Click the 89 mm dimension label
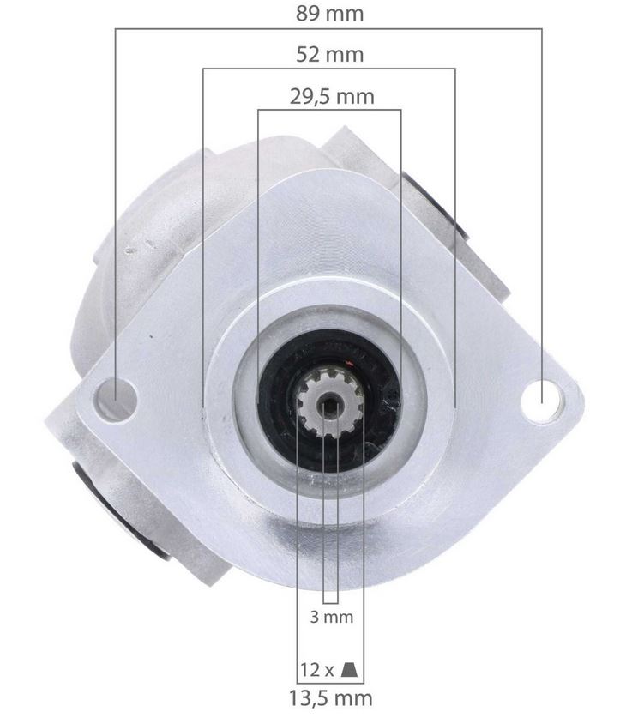pyautogui.click(x=329, y=13)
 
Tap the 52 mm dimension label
pyautogui.click(x=329, y=55)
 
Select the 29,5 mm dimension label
pyautogui.click(x=332, y=97)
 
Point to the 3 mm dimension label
pyautogui.click(x=332, y=618)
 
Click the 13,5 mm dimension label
pyautogui.click(x=331, y=699)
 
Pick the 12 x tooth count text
pyautogui.click(x=317, y=670)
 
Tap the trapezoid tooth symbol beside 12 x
pyautogui.click(x=349, y=670)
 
